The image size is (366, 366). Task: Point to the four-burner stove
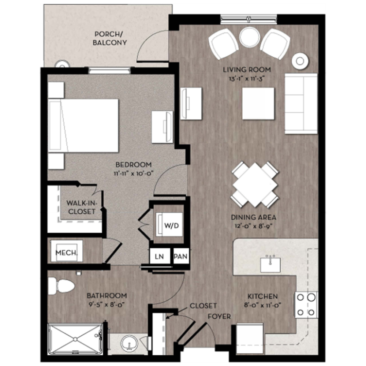(306, 305)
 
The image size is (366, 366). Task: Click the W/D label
(171, 225)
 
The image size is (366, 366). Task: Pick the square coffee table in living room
(258, 103)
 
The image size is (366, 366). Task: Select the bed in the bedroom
(84, 126)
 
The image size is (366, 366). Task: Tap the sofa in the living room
(301, 103)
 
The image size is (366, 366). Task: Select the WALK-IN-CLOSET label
(81, 207)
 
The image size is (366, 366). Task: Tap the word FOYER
(219, 316)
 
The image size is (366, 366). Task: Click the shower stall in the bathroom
(75, 339)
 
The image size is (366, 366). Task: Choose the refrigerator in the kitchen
(250, 339)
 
